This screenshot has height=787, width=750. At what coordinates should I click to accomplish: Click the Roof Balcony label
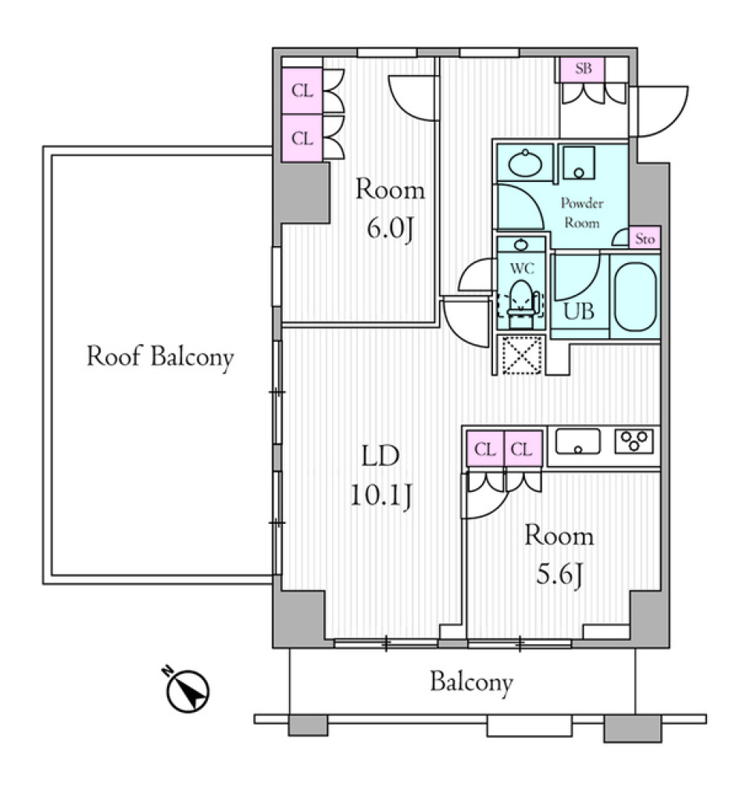pos(159,358)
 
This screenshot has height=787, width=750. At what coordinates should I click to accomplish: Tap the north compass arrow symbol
pos(188,689)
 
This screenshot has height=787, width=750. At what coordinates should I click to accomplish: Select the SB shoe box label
pos(584,69)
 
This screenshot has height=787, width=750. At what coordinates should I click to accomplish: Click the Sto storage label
pos(645,240)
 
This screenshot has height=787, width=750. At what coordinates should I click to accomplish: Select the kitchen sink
pos(577,442)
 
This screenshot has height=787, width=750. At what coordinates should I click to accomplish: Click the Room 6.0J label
pos(390,210)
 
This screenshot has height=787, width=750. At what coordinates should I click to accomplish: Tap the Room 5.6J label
pos(559,557)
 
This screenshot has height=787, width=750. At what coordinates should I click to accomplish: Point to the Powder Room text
pos(582,213)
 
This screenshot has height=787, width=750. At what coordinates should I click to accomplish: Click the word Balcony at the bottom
pos(471,683)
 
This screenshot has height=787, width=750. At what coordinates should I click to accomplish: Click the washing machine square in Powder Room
pos(579,162)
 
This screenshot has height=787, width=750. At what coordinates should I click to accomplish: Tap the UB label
pos(579,311)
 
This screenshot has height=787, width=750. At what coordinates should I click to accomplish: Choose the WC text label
pos(521,269)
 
